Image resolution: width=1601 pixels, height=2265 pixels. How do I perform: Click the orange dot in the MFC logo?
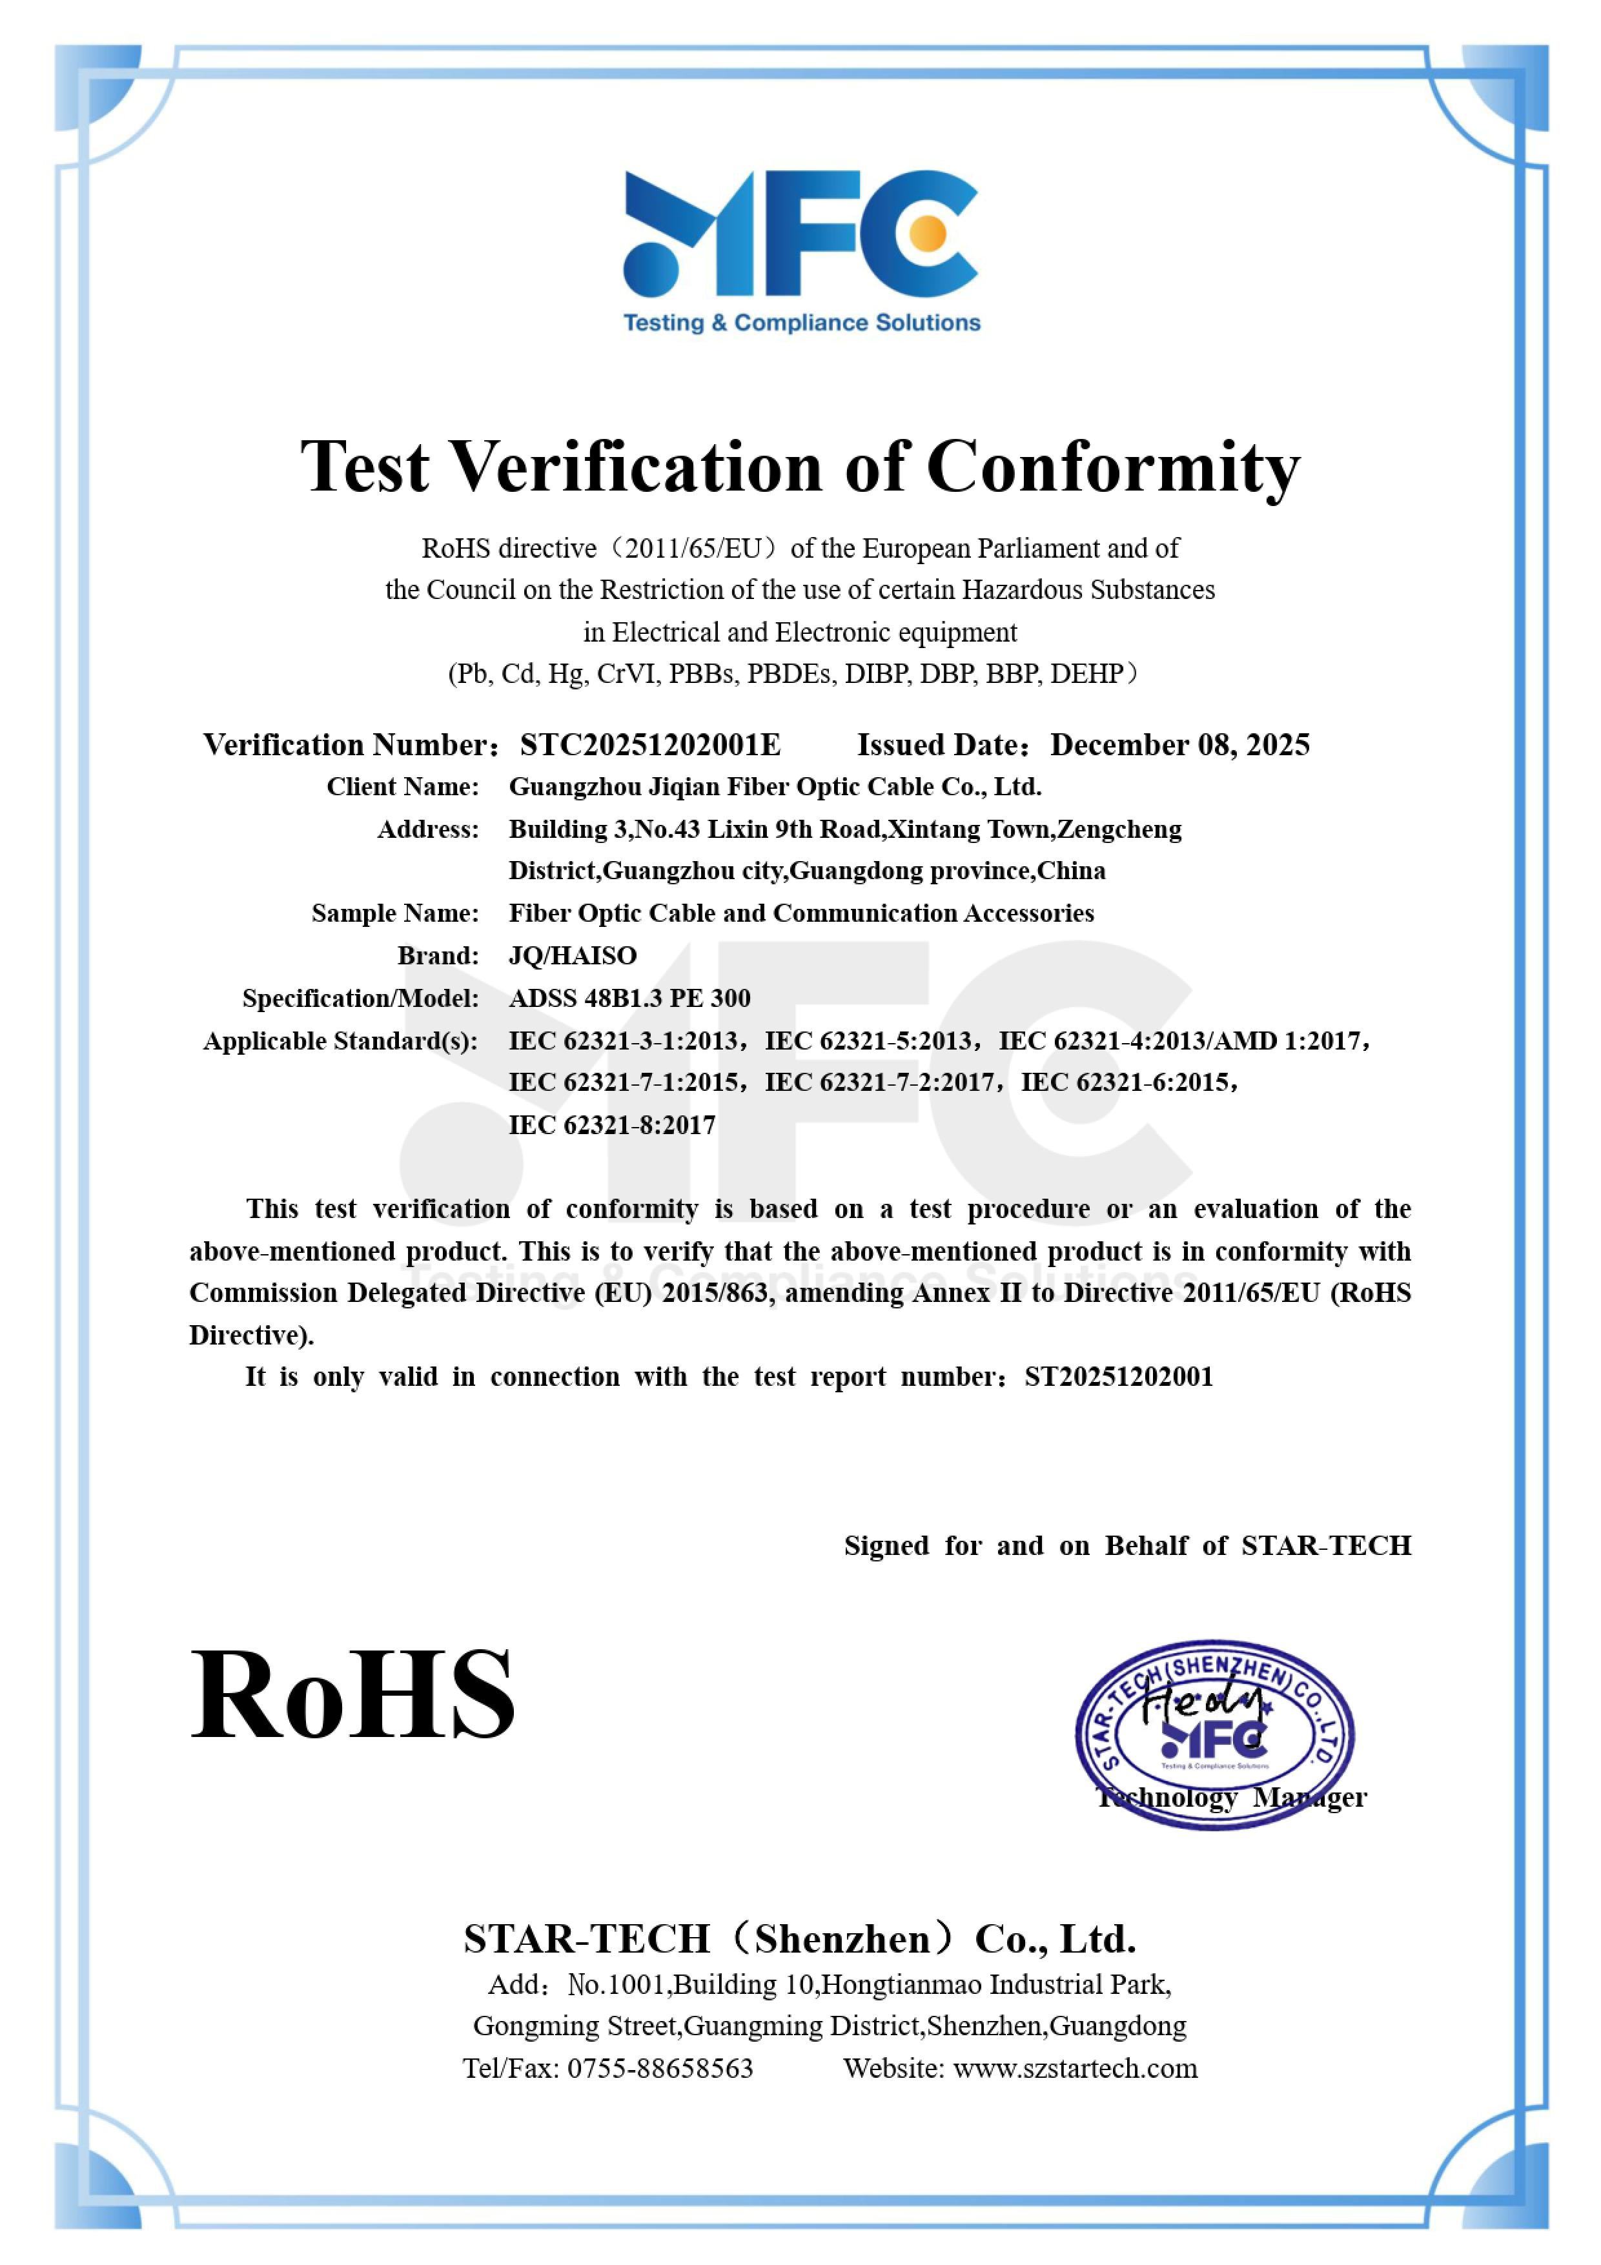[927, 234]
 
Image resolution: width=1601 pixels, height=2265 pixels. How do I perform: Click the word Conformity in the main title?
[1113, 467]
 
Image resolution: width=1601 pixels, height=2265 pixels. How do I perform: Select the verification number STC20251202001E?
[650, 745]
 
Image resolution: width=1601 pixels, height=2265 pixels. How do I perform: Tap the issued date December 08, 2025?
[1180, 745]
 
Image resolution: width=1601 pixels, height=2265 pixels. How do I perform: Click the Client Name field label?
[402, 787]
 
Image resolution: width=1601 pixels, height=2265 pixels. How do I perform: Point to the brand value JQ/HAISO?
[572, 956]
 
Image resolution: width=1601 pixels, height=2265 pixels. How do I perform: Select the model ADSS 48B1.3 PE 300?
[629, 999]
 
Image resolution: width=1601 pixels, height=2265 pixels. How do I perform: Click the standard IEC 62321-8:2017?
[611, 1126]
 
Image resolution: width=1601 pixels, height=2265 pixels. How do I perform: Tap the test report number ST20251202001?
[1119, 1377]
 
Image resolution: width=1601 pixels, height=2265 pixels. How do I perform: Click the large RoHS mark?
[352, 1695]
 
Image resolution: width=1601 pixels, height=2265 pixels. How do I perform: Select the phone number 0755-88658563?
[659, 2069]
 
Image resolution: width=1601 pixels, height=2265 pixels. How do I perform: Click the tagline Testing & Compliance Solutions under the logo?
[802, 323]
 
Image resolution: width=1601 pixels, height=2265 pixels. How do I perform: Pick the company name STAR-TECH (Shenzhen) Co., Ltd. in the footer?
[800, 1940]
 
